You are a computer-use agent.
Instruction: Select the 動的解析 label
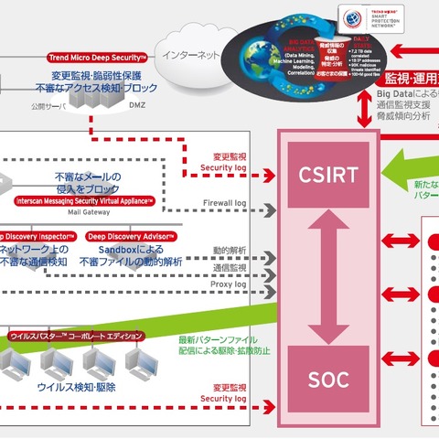pos(229,249)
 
